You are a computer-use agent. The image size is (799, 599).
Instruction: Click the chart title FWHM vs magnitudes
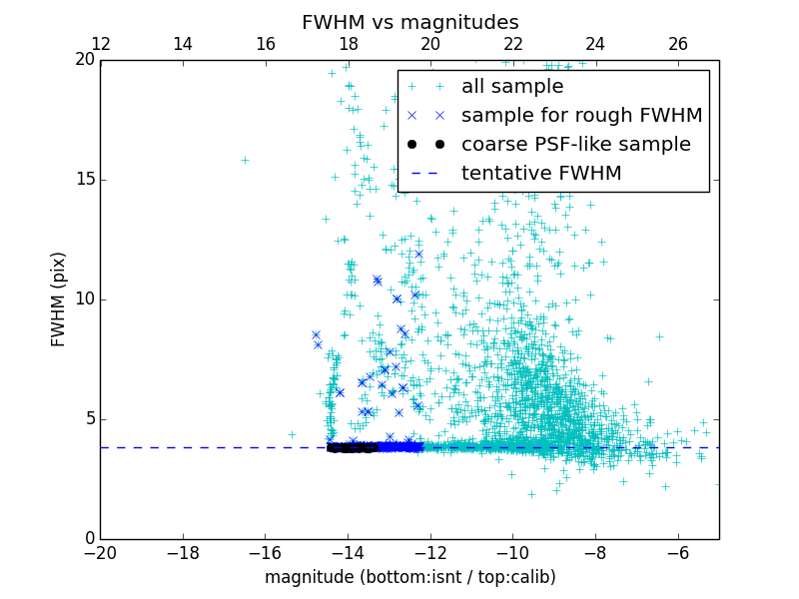[409, 22]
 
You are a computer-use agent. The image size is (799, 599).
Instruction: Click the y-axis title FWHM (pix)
[59, 299]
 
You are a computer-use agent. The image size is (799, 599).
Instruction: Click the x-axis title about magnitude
[409, 577]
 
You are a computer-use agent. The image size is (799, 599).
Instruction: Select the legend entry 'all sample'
[512, 87]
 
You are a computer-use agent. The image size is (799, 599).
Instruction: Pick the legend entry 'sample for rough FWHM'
[581, 116]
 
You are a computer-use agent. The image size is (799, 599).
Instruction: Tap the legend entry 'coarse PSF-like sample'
[575, 145]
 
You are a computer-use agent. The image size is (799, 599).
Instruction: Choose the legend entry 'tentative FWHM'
[540, 174]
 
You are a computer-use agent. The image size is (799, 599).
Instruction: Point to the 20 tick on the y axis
[83, 60]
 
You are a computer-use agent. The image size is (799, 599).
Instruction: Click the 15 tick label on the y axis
[83, 180]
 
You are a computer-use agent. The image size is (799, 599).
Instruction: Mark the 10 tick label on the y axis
[83, 299]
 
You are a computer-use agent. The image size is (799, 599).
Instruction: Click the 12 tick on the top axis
[101, 45]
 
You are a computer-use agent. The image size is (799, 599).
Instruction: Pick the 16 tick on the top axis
[266, 45]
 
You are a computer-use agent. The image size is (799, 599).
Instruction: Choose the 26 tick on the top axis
[678, 45]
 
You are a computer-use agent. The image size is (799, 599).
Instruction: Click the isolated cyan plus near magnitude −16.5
[245, 160]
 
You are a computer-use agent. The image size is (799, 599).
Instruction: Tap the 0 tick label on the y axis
[87, 539]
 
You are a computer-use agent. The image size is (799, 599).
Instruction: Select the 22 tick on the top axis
[513, 45]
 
